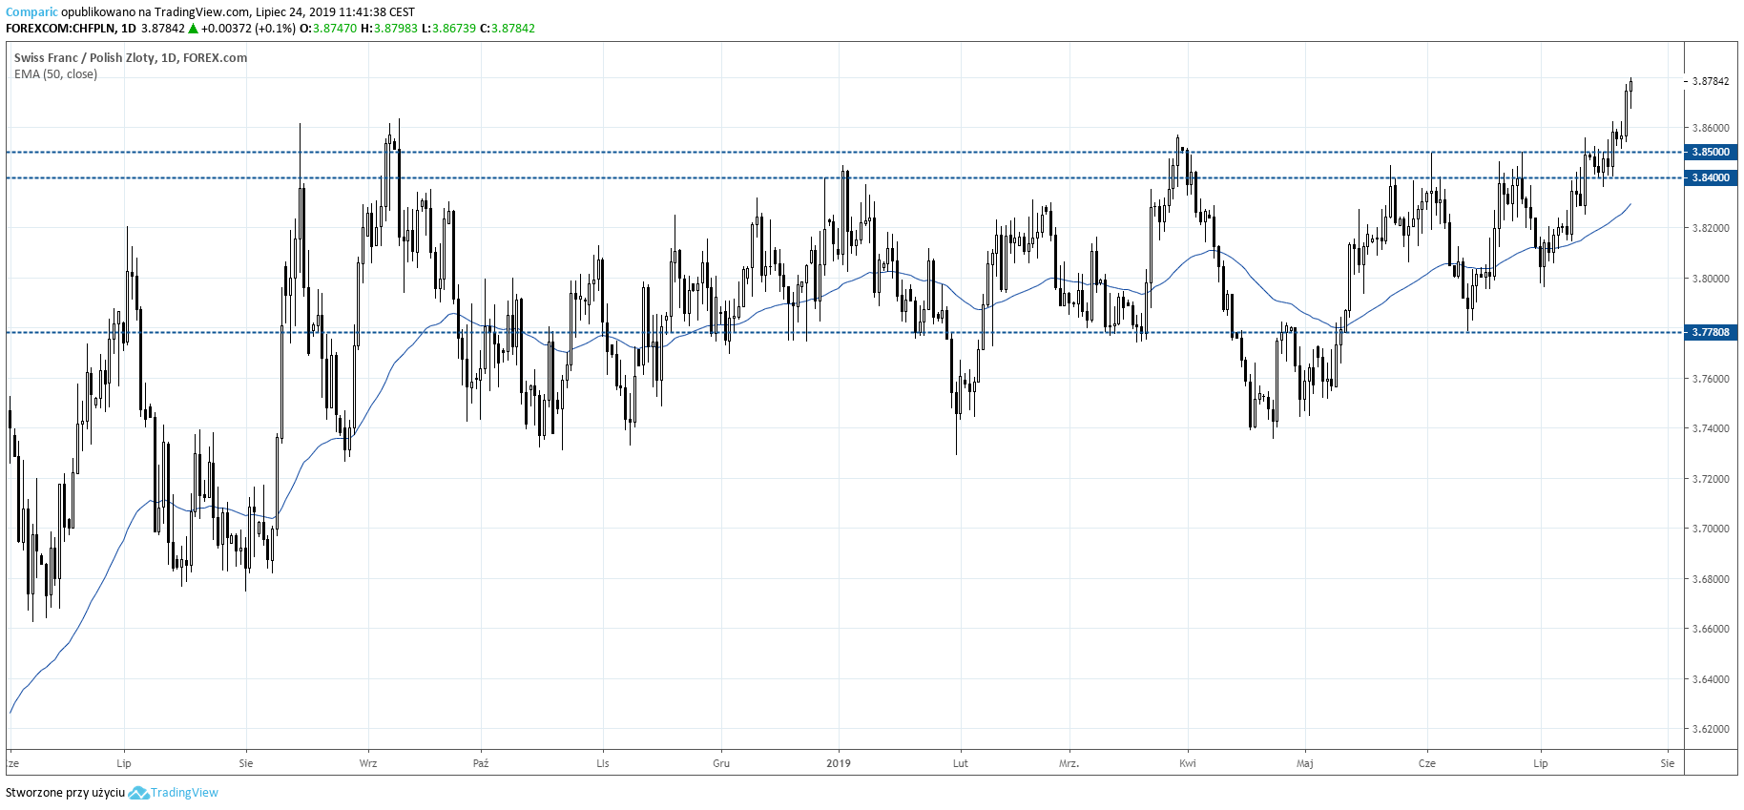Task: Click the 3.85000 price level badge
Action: click(1710, 152)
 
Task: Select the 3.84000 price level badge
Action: click(1710, 177)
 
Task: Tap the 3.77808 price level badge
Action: click(1710, 332)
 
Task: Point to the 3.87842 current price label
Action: click(1710, 81)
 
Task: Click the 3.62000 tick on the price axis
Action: click(1710, 729)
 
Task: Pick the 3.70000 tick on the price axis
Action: click(1710, 529)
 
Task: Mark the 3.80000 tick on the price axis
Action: click(1710, 279)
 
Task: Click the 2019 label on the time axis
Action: click(839, 763)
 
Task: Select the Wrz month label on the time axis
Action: click(368, 763)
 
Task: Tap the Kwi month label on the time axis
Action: click(1188, 763)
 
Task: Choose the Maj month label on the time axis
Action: click(1305, 763)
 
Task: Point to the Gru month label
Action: click(721, 763)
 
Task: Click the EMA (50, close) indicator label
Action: click(55, 74)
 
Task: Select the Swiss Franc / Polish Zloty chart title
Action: click(131, 57)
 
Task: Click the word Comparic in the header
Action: click(31, 12)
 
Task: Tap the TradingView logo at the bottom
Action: click(174, 793)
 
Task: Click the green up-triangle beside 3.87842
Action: click(193, 29)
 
